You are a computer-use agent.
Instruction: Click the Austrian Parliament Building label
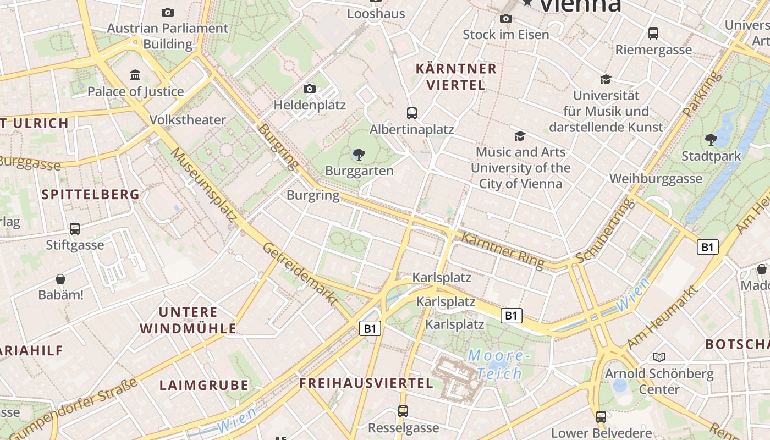coord(167,36)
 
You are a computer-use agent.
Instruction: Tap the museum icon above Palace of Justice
coord(135,74)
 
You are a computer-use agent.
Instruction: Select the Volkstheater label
coord(188,119)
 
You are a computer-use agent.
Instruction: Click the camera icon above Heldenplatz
coord(309,89)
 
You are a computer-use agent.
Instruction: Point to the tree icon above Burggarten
coord(359,155)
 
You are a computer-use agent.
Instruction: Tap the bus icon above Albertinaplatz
coord(411,113)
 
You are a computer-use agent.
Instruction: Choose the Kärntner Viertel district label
coord(456,77)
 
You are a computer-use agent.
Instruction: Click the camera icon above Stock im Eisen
coord(505,18)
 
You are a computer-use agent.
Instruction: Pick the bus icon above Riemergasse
coord(653,34)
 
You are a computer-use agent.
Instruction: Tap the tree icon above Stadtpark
coord(711,140)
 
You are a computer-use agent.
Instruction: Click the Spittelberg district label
coord(91,194)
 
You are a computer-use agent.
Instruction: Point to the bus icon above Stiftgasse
coord(75,228)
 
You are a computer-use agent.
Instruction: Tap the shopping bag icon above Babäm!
coord(61,279)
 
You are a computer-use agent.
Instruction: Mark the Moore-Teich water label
coord(499,365)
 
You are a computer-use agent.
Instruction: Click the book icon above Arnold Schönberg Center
coord(659,358)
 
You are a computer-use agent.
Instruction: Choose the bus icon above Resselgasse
coord(403,411)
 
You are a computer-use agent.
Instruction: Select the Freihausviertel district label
coord(366,383)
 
